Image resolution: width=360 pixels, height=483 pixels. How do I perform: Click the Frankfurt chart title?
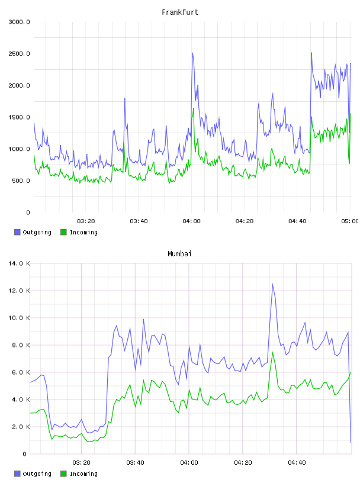tap(180, 12)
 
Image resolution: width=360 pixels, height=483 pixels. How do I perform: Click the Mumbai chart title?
tap(179, 254)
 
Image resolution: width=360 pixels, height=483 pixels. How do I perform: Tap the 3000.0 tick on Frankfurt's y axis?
tap(19, 22)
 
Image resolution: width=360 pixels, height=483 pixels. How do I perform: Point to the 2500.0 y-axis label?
tap(19, 54)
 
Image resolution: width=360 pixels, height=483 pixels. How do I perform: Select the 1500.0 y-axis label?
tap(19, 117)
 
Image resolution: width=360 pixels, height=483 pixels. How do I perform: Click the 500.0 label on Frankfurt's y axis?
tap(21, 181)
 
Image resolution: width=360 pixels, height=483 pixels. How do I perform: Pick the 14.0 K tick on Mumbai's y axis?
tap(19, 263)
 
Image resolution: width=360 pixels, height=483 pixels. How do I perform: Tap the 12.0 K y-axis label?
tap(19, 291)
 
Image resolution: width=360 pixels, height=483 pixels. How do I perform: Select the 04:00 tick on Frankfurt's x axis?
tap(191, 221)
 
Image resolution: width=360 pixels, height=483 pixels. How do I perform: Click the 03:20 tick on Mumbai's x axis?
tap(81, 463)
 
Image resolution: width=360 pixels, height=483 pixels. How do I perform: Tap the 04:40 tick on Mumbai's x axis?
tap(297, 463)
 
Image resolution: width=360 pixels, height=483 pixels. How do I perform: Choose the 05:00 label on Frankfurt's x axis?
tap(350, 221)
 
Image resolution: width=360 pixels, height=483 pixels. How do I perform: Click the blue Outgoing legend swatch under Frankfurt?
tap(17, 232)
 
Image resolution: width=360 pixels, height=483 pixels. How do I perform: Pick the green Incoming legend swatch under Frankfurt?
tap(63, 232)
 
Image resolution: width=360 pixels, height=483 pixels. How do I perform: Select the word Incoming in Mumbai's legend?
tap(83, 474)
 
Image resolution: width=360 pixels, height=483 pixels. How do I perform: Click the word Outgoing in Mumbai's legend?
tap(37, 474)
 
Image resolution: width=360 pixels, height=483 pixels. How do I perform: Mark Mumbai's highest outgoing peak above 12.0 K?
tap(273, 284)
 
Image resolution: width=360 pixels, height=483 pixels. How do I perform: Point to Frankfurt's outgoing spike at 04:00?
tap(192, 53)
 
